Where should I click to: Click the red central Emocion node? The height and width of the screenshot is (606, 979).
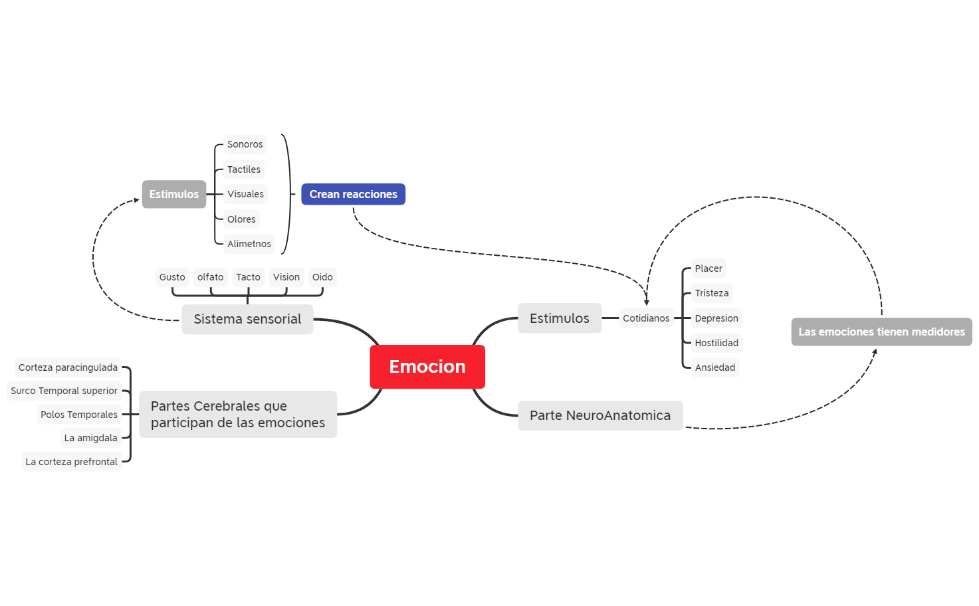click(x=427, y=367)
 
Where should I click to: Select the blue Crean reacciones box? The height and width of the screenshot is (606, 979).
click(x=353, y=194)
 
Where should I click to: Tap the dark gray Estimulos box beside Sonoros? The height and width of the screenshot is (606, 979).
click(x=173, y=194)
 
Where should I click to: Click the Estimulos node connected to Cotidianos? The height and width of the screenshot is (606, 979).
click(x=559, y=318)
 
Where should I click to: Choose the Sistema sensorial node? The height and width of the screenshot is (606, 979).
click(x=247, y=319)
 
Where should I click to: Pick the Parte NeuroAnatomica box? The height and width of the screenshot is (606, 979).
click(x=599, y=415)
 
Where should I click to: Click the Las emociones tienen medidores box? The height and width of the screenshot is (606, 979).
click(x=881, y=332)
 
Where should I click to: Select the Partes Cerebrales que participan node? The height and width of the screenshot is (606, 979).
click(x=237, y=414)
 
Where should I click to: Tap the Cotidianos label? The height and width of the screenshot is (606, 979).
click(x=645, y=318)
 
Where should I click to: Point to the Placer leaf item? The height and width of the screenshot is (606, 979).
click(x=708, y=268)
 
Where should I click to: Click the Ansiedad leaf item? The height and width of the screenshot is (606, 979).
click(x=714, y=367)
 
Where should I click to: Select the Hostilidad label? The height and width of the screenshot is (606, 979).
click(x=716, y=343)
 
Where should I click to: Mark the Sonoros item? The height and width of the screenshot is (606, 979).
click(x=245, y=144)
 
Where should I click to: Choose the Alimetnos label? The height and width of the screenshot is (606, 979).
click(x=249, y=244)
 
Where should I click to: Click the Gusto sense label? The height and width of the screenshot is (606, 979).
click(x=172, y=277)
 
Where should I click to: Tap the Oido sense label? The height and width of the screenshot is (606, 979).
click(x=322, y=277)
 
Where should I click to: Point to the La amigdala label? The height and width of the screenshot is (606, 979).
click(x=90, y=438)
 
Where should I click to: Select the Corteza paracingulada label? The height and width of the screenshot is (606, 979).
click(x=68, y=367)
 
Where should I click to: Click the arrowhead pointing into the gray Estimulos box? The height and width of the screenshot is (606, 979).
click(x=136, y=199)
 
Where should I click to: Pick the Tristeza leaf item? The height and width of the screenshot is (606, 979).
click(x=711, y=293)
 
